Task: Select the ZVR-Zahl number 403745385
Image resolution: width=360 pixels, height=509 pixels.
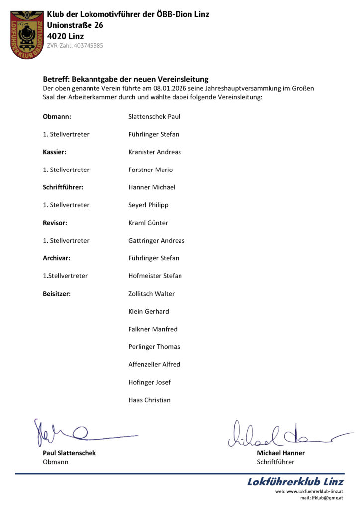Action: [x=88, y=46]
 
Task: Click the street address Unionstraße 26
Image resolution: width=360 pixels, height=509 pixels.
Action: [x=75, y=25]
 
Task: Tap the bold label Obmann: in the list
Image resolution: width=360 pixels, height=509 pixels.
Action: [x=57, y=117]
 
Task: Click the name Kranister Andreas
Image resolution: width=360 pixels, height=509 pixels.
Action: [x=155, y=152]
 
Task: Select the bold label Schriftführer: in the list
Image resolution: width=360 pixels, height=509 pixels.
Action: [x=63, y=187]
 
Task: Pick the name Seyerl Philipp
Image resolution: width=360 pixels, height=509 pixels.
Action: [x=148, y=205]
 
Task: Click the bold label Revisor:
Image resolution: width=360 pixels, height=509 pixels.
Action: [x=55, y=223]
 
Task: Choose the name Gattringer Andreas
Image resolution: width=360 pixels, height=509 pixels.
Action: [x=156, y=241]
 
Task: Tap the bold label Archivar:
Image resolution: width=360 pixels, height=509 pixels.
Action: [x=56, y=258]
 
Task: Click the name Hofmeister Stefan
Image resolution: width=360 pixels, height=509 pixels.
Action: [x=155, y=276]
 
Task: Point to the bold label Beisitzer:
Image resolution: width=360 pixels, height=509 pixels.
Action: [x=57, y=294]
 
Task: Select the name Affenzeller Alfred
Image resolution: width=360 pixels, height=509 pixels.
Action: [x=154, y=364]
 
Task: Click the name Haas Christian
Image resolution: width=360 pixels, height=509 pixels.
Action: [x=149, y=400]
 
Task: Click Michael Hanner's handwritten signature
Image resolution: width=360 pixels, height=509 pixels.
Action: [x=278, y=434]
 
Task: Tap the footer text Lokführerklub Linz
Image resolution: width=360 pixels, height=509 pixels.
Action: [x=295, y=482]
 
